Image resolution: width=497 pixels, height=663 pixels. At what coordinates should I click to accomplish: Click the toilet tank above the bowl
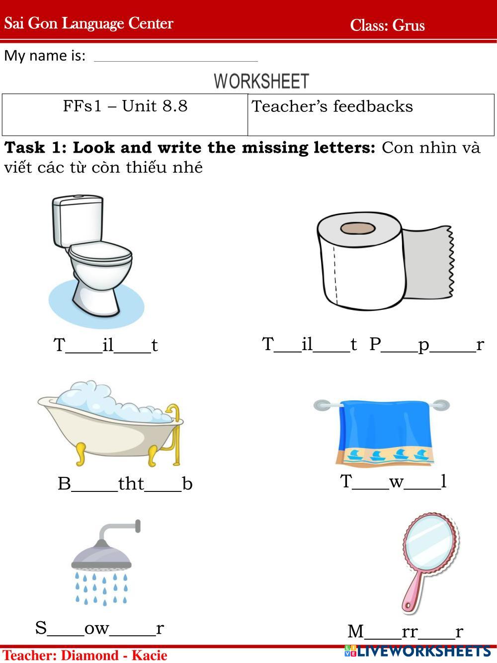(78, 220)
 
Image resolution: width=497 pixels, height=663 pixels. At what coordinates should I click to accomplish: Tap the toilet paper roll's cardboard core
(358, 228)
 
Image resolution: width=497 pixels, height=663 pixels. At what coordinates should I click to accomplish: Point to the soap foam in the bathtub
(112, 401)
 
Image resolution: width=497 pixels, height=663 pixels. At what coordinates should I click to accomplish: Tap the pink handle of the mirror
(414, 591)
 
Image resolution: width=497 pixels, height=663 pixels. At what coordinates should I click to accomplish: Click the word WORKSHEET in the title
(261, 81)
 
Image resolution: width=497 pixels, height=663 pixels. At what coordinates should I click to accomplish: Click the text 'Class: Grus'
(388, 25)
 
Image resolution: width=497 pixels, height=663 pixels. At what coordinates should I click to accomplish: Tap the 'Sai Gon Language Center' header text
(89, 23)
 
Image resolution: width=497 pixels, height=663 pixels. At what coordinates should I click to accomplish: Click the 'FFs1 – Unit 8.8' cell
(125, 114)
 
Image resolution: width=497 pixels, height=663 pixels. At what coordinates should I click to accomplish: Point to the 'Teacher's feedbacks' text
(332, 106)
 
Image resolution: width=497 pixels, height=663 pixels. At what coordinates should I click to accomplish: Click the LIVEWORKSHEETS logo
(417, 651)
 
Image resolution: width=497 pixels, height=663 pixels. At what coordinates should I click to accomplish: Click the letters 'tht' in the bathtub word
(131, 483)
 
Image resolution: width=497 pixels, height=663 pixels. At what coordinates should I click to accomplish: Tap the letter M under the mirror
(355, 631)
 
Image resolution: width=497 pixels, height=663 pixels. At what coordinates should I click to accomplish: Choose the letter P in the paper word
(375, 344)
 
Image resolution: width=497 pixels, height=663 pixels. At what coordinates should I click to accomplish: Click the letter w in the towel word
(396, 482)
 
